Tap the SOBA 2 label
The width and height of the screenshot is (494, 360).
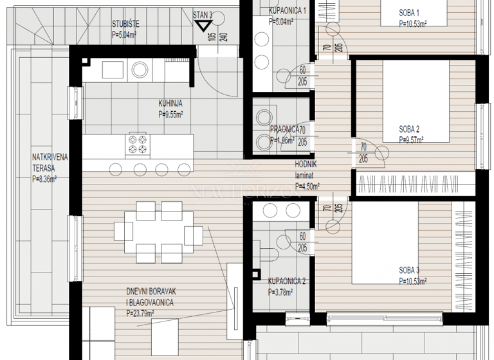tap(409, 128)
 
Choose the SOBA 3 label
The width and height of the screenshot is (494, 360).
tap(409, 270)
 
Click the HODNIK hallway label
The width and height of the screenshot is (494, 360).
tap(306, 165)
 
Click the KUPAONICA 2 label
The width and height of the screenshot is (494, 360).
tap(287, 281)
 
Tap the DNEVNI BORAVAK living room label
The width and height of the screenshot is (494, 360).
tap(151, 291)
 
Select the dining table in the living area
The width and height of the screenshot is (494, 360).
tap(154, 230)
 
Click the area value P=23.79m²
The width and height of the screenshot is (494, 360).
tap(145, 314)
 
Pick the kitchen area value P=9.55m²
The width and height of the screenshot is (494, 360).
tap(170, 114)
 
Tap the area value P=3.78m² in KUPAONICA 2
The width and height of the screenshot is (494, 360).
tap(280, 292)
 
